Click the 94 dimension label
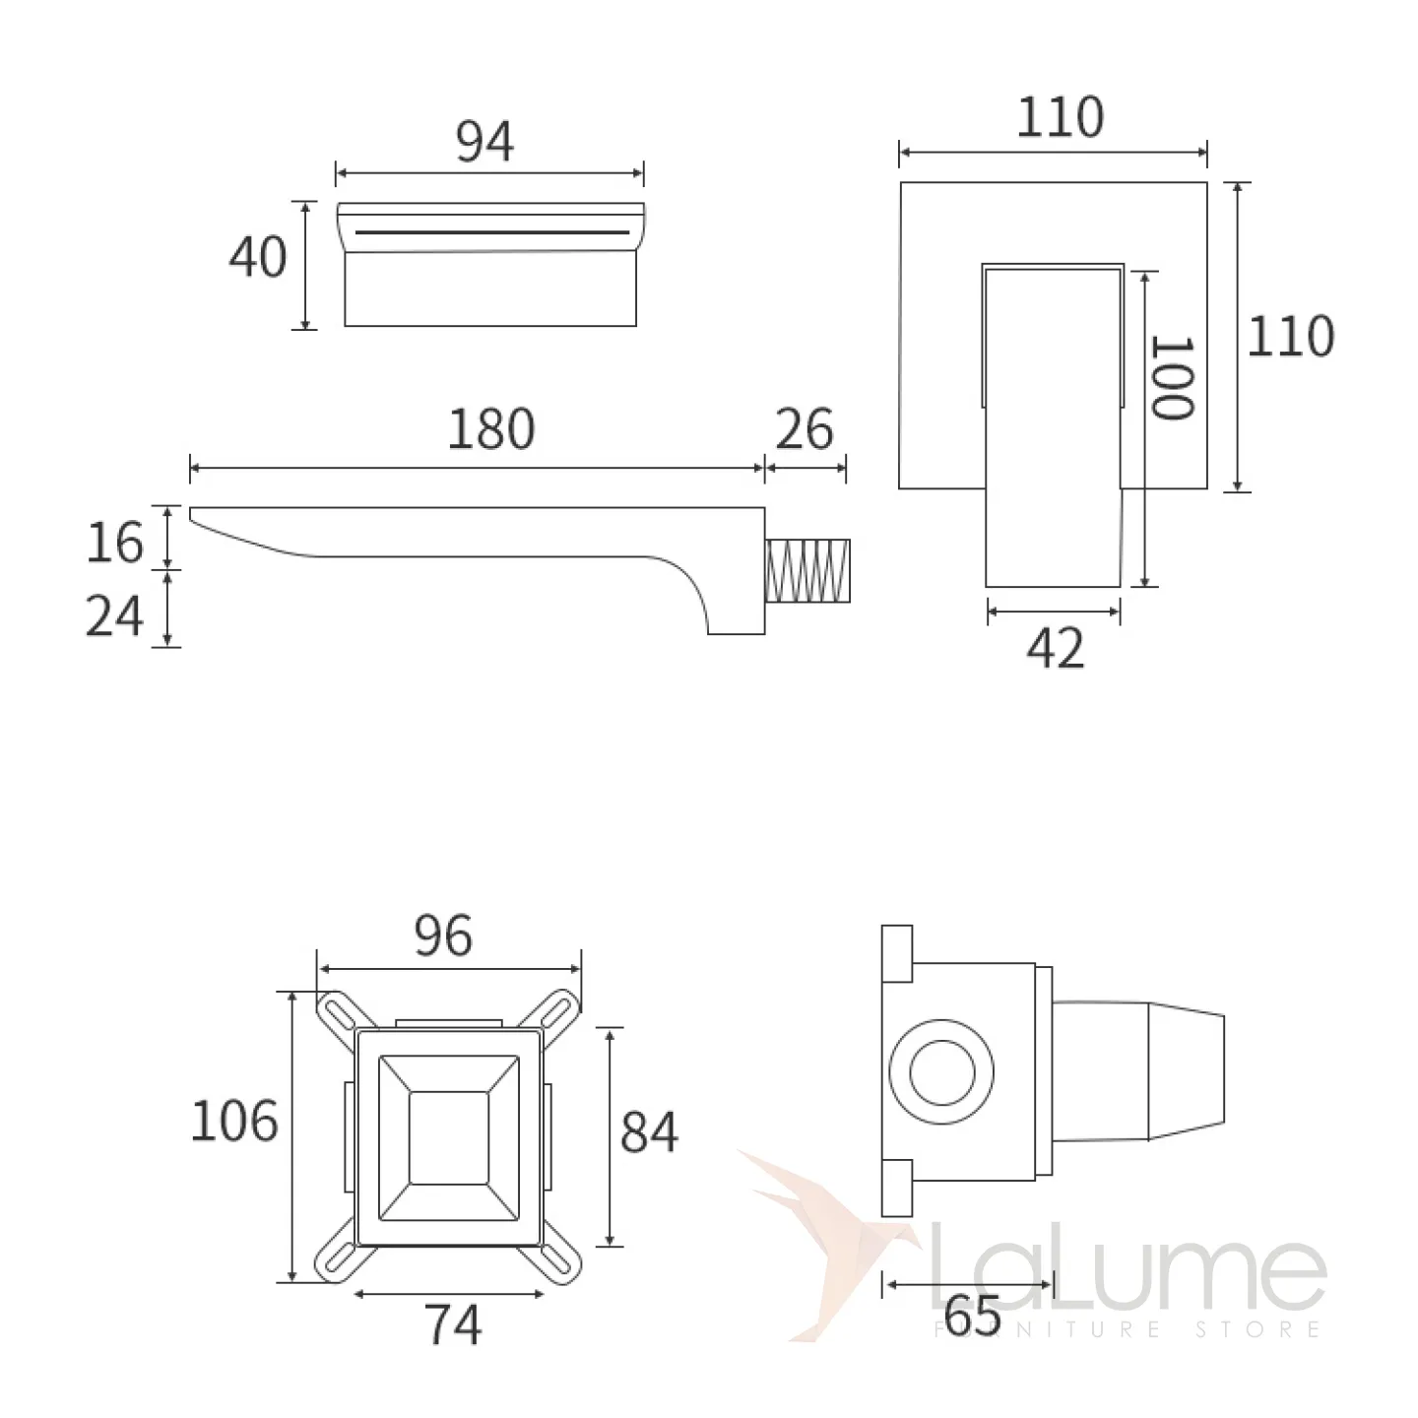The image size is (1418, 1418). click(484, 141)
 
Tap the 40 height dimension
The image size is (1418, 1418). click(258, 257)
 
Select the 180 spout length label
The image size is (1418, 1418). click(490, 429)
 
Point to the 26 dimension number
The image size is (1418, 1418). click(805, 429)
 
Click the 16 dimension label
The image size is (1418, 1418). click(114, 543)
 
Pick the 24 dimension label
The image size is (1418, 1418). click(114, 615)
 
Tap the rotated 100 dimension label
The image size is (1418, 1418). click(1172, 378)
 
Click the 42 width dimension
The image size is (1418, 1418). click(1056, 648)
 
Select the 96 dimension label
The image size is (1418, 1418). click(443, 936)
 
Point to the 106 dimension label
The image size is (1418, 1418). click(234, 1122)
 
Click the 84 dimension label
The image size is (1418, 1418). click(649, 1132)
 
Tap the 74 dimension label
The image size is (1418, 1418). click(453, 1324)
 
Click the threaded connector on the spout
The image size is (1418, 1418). click(807, 570)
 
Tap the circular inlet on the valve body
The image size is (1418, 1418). click(941, 1072)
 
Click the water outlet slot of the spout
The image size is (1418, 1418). click(492, 232)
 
